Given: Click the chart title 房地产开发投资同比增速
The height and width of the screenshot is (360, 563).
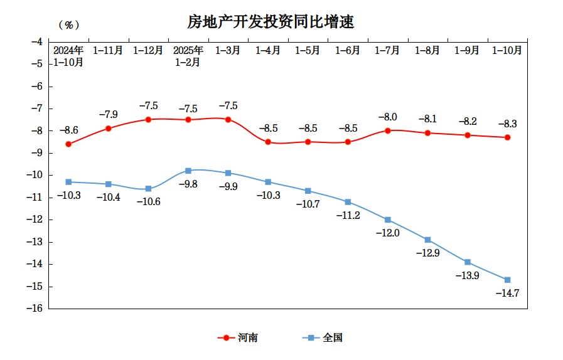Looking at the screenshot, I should click(271, 23).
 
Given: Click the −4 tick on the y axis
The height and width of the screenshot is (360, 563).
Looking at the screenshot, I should click(36, 41).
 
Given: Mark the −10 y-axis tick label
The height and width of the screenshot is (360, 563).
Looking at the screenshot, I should click(35, 175).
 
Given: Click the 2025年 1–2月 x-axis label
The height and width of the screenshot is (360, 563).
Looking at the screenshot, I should click(188, 56).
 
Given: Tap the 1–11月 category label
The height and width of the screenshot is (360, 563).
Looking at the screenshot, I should click(108, 51).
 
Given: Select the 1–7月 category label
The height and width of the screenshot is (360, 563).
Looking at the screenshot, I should click(387, 51).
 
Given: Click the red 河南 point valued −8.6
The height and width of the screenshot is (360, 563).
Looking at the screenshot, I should click(68, 144).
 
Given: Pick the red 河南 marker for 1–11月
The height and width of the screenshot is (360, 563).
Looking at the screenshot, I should click(109, 129).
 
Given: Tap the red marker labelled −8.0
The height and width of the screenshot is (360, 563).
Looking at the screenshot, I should click(388, 130).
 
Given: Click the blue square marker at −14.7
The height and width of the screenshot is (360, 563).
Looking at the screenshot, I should click(507, 280).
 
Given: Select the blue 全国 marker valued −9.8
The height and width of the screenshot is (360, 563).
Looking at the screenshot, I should click(188, 171).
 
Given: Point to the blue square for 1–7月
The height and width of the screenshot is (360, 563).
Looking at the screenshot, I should click(388, 220).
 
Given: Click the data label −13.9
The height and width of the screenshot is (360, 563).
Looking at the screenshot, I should click(467, 276).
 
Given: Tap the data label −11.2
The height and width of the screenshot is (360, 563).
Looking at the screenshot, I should click(348, 216).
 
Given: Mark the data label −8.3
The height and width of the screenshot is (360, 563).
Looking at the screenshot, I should click(507, 124).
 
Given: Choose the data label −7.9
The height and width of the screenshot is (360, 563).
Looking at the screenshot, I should click(109, 115).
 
